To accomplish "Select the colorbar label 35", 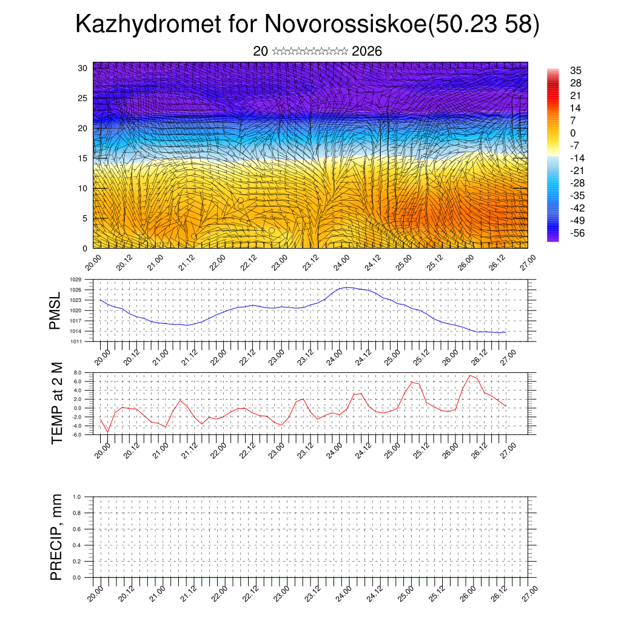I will (x=576, y=70).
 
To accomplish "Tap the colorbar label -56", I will (x=577, y=233).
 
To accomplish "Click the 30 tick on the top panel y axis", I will (x=82, y=68).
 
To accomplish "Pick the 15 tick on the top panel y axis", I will (x=82, y=158).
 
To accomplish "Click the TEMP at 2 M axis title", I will (x=57, y=403).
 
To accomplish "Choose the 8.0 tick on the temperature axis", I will (x=77, y=372).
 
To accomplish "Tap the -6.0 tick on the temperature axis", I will (x=76, y=435).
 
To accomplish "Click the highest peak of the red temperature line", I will (x=470, y=375).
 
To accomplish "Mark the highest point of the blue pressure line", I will (x=347, y=287).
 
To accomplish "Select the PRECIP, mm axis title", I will (x=56, y=536).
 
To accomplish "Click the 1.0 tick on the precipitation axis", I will (x=77, y=497).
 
